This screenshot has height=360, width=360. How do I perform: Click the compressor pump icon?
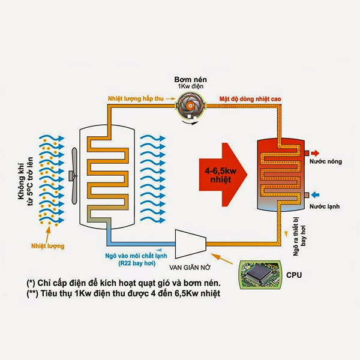[191, 106]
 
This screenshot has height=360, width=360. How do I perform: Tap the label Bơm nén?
[190, 79]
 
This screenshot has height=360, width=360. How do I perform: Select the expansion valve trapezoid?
[191, 244]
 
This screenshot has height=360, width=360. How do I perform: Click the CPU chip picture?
[260, 275]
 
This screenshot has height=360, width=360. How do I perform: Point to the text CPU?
[294, 275]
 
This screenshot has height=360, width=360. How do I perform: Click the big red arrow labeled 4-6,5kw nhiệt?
[223, 175]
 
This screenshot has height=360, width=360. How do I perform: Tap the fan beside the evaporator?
[74, 176]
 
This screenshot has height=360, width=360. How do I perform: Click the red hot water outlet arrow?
[316, 153]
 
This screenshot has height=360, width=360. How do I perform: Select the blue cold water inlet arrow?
[316, 195]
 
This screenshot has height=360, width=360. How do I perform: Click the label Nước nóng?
[326, 161]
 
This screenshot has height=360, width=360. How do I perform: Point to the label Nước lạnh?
[325, 206]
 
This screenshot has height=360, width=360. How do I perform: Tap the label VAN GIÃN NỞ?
[190, 268]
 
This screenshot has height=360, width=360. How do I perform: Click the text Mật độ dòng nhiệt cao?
[250, 99]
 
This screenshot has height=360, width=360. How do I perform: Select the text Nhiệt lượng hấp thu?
[136, 99]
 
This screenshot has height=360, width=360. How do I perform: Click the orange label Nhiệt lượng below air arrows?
[48, 246]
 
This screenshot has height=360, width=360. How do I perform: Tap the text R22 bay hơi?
[137, 263]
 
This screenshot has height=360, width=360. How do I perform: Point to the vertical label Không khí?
[21, 181]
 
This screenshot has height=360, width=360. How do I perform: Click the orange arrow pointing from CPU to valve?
[221, 259]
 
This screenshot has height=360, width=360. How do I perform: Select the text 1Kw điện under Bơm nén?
[191, 86]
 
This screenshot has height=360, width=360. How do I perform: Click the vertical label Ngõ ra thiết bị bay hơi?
[299, 236]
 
